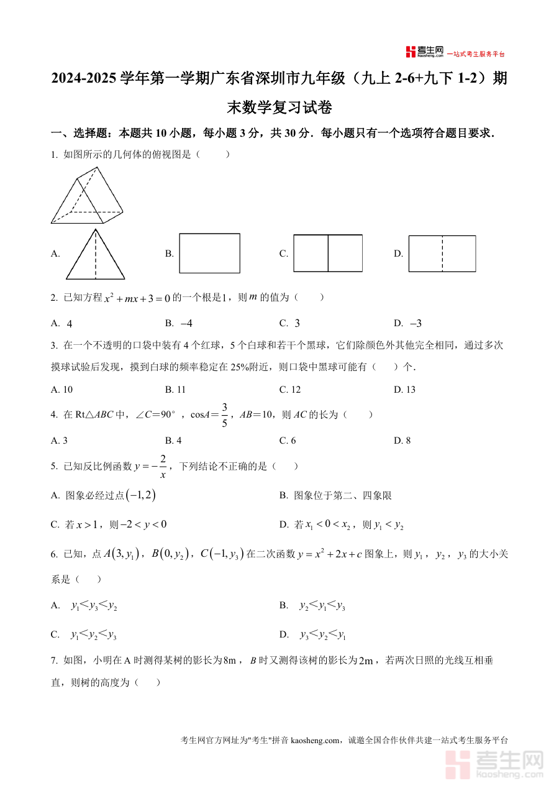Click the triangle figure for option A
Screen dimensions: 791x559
(x=96, y=255)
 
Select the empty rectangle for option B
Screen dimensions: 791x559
(x=209, y=253)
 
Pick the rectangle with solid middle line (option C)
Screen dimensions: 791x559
(x=328, y=253)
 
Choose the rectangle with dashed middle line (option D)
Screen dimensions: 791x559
(x=442, y=254)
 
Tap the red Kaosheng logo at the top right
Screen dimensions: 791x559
(x=425, y=52)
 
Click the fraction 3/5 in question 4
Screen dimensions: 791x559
(x=225, y=415)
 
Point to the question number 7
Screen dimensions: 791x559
(x=54, y=661)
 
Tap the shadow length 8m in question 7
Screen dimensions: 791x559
(x=230, y=661)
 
